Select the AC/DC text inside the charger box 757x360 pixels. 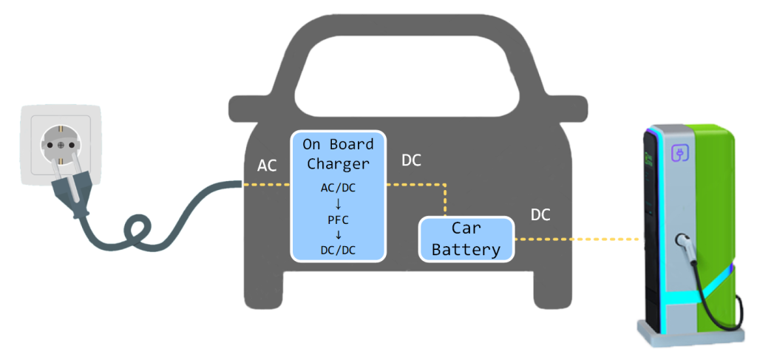(338, 188)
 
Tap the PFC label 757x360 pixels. (338, 220)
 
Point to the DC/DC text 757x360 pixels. (338, 251)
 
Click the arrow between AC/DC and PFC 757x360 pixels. (338, 203)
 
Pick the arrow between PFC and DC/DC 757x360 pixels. (338, 235)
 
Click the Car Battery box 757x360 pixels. (466, 240)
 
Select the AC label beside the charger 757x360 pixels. (267, 166)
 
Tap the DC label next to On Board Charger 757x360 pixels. (411, 160)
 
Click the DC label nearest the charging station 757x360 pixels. (541, 215)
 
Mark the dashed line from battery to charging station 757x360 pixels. (577, 240)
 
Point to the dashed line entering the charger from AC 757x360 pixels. (266, 185)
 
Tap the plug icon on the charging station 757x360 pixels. (679, 153)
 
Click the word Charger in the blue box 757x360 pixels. (338, 163)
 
